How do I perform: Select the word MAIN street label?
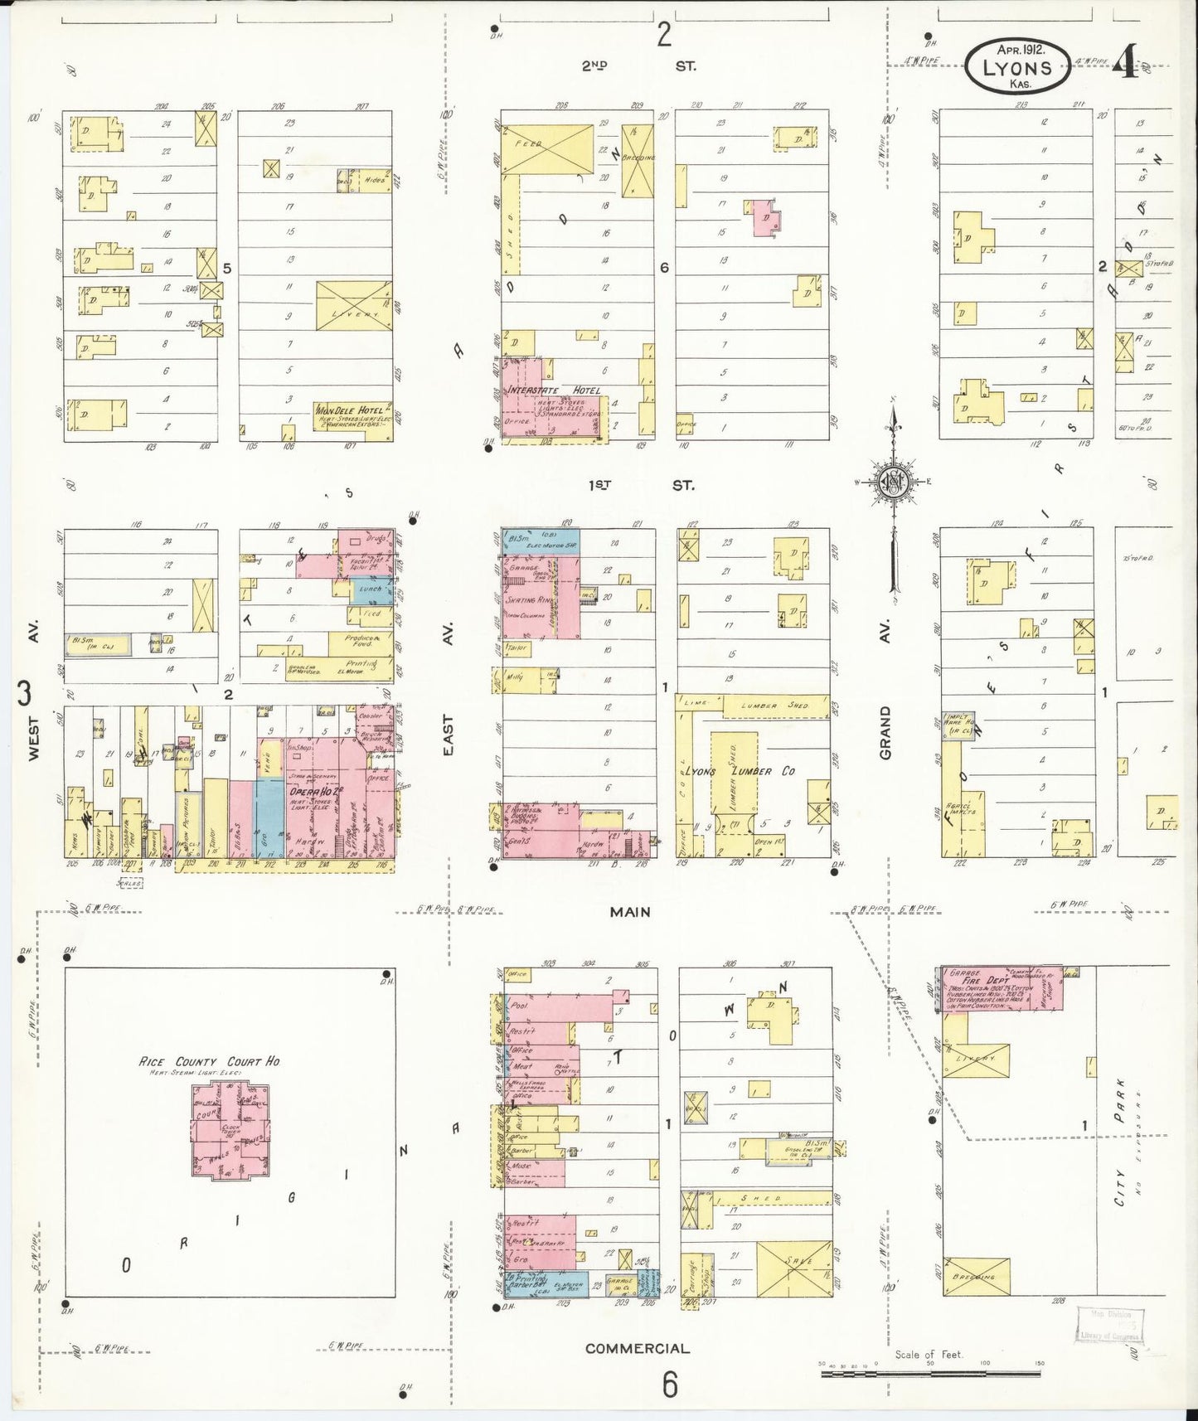point(630,912)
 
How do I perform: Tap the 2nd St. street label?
point(638,65)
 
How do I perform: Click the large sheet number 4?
point(1126,62)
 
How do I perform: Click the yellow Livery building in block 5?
point(353,306)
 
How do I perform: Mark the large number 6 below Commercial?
point(670,1385)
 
